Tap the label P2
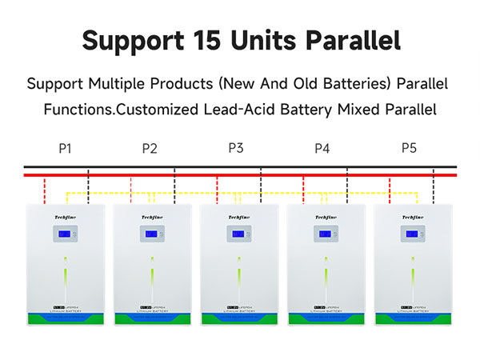[x=150, y=148]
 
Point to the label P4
[x=322, y=148]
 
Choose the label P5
[x=408, y=148]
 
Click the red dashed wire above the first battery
[x=45, y=190]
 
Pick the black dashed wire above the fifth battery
[x=434, y=188]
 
